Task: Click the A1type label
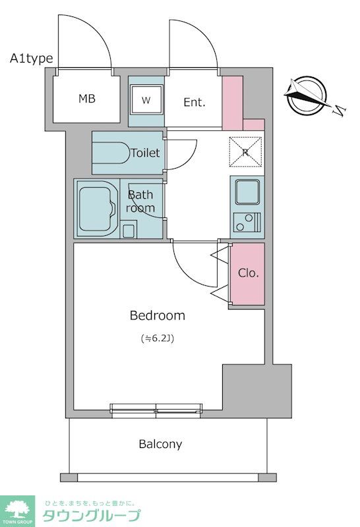pos(31,59)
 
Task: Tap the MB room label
pos(87,98)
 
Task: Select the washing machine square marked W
pos(146,99)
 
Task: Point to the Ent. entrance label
pos(194,102)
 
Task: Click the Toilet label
pos(145,153)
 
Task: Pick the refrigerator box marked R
pos(246,152)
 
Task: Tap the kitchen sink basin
pos(247,192)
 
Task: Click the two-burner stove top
pos(247,223)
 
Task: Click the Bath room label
pos(140,201)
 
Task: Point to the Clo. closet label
pos(249,273)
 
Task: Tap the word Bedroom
pos(158,316)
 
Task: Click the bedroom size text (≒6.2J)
pos(158,339)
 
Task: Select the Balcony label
pos(160,444)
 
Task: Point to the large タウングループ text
pos(92,515)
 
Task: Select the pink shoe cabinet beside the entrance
pos(233,103)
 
